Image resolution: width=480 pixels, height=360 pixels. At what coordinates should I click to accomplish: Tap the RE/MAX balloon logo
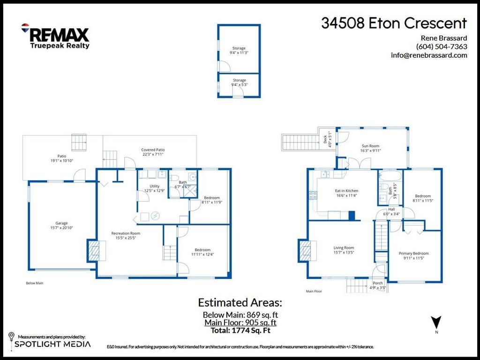(25, 29)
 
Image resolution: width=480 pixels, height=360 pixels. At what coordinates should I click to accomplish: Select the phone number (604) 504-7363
(441, 46)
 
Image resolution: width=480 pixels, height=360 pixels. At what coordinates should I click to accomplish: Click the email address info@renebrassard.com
(429, 55)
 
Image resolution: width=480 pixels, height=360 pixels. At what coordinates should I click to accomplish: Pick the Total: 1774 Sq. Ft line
(240, 330)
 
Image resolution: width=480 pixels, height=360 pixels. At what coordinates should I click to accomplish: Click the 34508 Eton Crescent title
(394, 23)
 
